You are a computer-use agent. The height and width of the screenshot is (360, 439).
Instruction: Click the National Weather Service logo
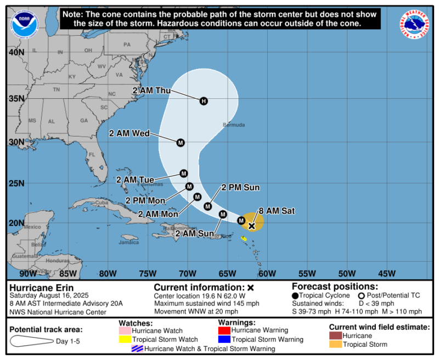414,24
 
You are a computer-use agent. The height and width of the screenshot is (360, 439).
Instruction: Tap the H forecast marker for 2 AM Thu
204,101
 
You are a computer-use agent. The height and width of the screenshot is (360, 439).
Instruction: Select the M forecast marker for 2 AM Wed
181,143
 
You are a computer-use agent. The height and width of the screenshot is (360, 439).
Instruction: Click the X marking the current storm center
251,226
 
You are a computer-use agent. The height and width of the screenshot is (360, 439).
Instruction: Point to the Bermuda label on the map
234,125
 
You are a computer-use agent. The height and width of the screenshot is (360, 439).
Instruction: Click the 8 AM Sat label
273,210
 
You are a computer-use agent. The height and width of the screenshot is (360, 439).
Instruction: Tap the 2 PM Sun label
240,187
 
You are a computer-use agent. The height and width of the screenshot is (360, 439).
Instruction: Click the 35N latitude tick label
16,99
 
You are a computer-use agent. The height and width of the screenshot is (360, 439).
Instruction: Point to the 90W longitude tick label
28,273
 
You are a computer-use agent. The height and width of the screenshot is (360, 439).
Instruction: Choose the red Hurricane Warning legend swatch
224,330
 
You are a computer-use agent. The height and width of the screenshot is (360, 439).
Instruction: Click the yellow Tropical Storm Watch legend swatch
125,339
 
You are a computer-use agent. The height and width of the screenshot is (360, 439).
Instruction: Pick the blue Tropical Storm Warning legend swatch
224,339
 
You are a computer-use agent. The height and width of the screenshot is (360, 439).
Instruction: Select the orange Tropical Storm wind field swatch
335,344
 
